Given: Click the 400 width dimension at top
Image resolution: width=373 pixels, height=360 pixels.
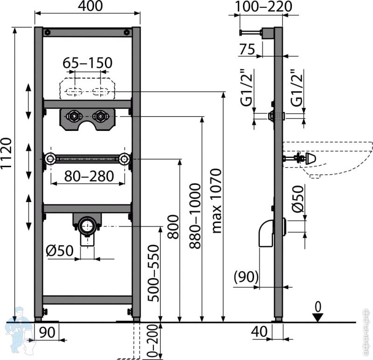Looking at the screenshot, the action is tap(90, 6).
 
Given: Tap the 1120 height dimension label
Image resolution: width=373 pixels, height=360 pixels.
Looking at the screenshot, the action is tap(6, 153).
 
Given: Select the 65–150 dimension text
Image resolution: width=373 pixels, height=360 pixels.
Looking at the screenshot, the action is tap(87, 63).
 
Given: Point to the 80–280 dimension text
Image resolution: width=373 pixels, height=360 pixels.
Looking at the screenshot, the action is tap(89, 176).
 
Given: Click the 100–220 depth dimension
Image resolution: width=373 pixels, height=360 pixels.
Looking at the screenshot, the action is tap(263, 7).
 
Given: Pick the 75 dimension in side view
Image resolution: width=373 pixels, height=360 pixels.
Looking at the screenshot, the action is tap(247, 49).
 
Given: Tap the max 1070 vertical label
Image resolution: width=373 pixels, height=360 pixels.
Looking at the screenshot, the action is tap(216, 201).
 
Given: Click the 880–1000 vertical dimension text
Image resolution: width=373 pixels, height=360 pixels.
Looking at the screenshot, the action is tap(195, 216).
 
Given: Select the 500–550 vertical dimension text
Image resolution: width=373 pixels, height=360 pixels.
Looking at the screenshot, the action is tap(153, 273).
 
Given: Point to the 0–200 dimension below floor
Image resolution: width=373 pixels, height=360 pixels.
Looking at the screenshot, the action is tap(153, 340).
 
